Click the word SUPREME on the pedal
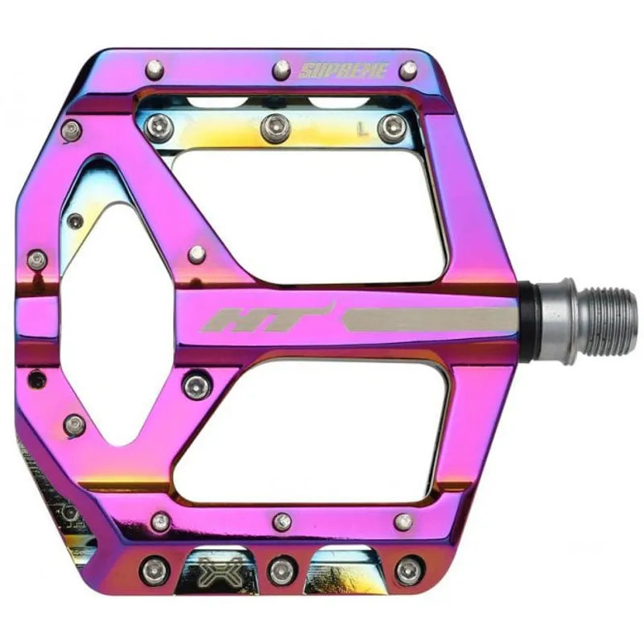coord(344,71)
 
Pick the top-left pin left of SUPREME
coord(155,68)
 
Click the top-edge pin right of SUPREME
coord(408,70)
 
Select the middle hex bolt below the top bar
coord(275,127)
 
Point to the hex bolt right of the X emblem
coord(281,569)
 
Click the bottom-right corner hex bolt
coord(408,569)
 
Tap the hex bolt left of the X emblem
coord(154,569)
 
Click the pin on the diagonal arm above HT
coord(196,254)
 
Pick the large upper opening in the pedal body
coord(322,213)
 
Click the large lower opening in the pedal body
coord(322,435)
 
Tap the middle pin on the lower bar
coord(282,521)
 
